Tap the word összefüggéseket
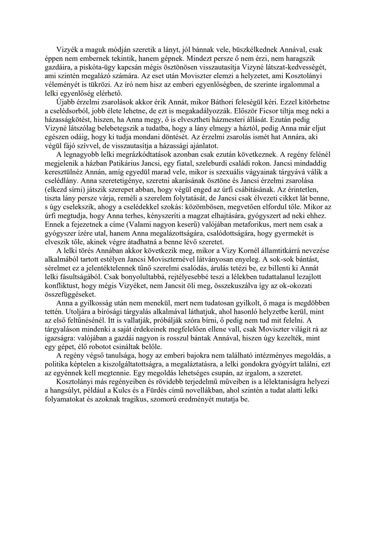70,295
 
